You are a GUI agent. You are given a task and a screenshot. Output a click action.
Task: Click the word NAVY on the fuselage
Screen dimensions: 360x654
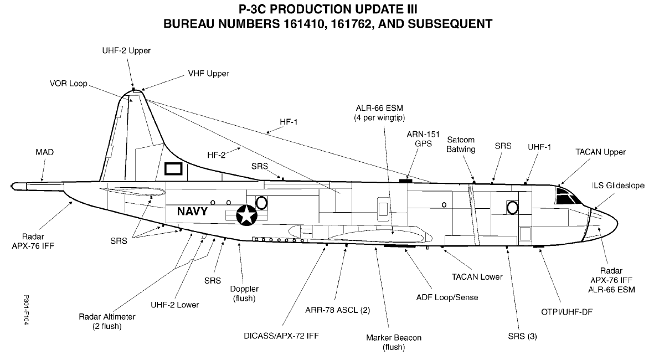pyautogui.click(x=193, y=211)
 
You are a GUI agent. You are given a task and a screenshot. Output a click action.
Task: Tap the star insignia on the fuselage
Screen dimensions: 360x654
pyautogui.click(x=246, y=215)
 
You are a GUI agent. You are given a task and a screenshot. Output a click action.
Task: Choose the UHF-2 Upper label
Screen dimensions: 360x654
pyautogui.click(x=126, y=50)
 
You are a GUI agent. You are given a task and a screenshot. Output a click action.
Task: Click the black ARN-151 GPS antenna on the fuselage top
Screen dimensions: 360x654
pyautogui.click(x=406, y=181)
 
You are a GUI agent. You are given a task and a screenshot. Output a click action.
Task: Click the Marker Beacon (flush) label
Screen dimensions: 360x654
pyautogui.click(x=393, y=342)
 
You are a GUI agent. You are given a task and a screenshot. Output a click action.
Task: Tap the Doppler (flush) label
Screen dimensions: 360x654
pyautogui.click(x=244, y=293)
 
